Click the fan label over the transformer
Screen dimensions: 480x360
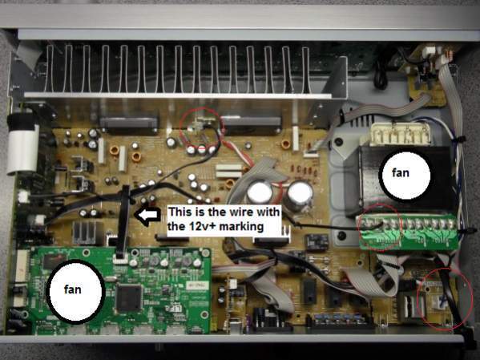click(x=401, y=173)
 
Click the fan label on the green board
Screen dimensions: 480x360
click(x=73, y=289)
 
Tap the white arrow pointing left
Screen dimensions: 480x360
click(x=148, y=216)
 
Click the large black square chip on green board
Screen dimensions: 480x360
click(x=129, y=297)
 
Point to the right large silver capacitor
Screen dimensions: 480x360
click(x=300, y=194)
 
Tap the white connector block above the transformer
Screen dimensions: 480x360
click(x=401, y=134)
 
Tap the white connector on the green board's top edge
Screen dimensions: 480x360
click(x=121, y=260)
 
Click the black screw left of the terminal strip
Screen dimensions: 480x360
click(x=341, y=236)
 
